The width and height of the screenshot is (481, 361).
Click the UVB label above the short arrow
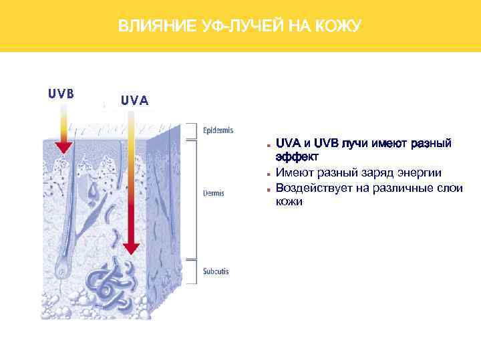pos(60,93)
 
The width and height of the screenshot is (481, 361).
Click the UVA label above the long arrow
pos(135,101)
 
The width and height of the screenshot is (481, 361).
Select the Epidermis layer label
pos(218,130)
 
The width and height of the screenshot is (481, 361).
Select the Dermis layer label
pos(214,194)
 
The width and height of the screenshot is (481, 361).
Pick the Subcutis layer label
pos(216,271)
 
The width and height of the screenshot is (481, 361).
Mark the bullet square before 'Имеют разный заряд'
pos(267,174)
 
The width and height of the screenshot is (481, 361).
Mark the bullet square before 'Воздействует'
pos(267,189)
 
